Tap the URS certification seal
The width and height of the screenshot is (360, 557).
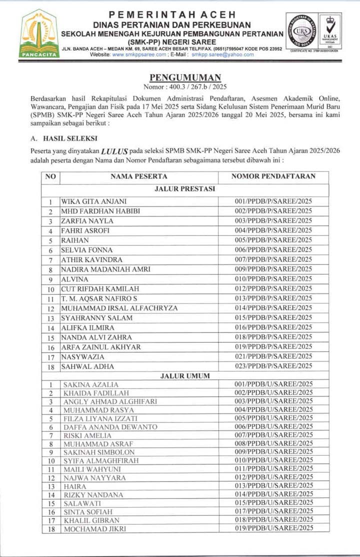pyautogui.click(x=304, y=31)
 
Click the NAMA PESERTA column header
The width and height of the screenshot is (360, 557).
pyautogui.click(x=138, y=176)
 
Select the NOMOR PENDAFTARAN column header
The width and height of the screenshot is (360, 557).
pyautogui.click(x=273, y=176)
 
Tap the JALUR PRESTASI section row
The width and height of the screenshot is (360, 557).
pyautogui.click(x=185, y=189)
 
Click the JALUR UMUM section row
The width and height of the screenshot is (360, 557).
pyautogui.click(x=185, y=375)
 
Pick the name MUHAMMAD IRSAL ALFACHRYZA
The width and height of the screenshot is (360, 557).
pyautogui.click(x=119, y=308)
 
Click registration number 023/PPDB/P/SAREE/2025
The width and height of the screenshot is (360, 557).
pyautogui.click(x=273, y=366)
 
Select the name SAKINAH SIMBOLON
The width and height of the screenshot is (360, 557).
pyautogui.click(x=99, y=452)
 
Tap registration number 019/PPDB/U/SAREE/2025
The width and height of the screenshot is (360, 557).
pyautogui.click(x=274, y=528)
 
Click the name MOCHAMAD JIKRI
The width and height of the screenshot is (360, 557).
pyautogui.click(x=94, y=528)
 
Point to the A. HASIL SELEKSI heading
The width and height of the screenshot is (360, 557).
pyautogui.click(x=64, y=138)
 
